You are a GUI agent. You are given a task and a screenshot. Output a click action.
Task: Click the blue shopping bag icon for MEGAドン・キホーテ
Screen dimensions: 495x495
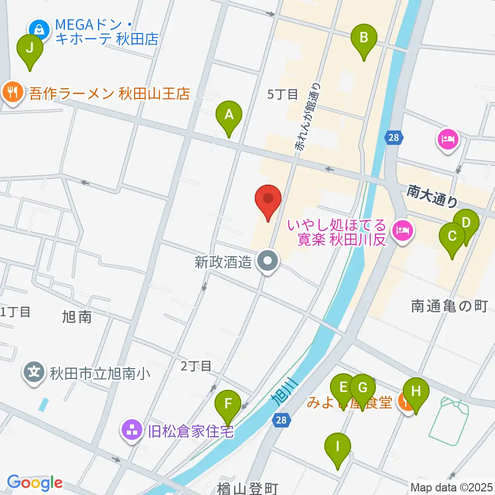click(x=39, y=29)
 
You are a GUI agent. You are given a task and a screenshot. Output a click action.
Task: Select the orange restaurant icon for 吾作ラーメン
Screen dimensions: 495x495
click(x=11, y=93)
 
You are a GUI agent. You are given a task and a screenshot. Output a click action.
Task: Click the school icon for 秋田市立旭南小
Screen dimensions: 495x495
click(x=35, y=372)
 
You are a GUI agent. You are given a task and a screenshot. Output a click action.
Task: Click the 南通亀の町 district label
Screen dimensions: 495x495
click(x=449, y=307)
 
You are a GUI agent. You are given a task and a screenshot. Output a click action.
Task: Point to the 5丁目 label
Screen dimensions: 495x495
click(x=283, y=94)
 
